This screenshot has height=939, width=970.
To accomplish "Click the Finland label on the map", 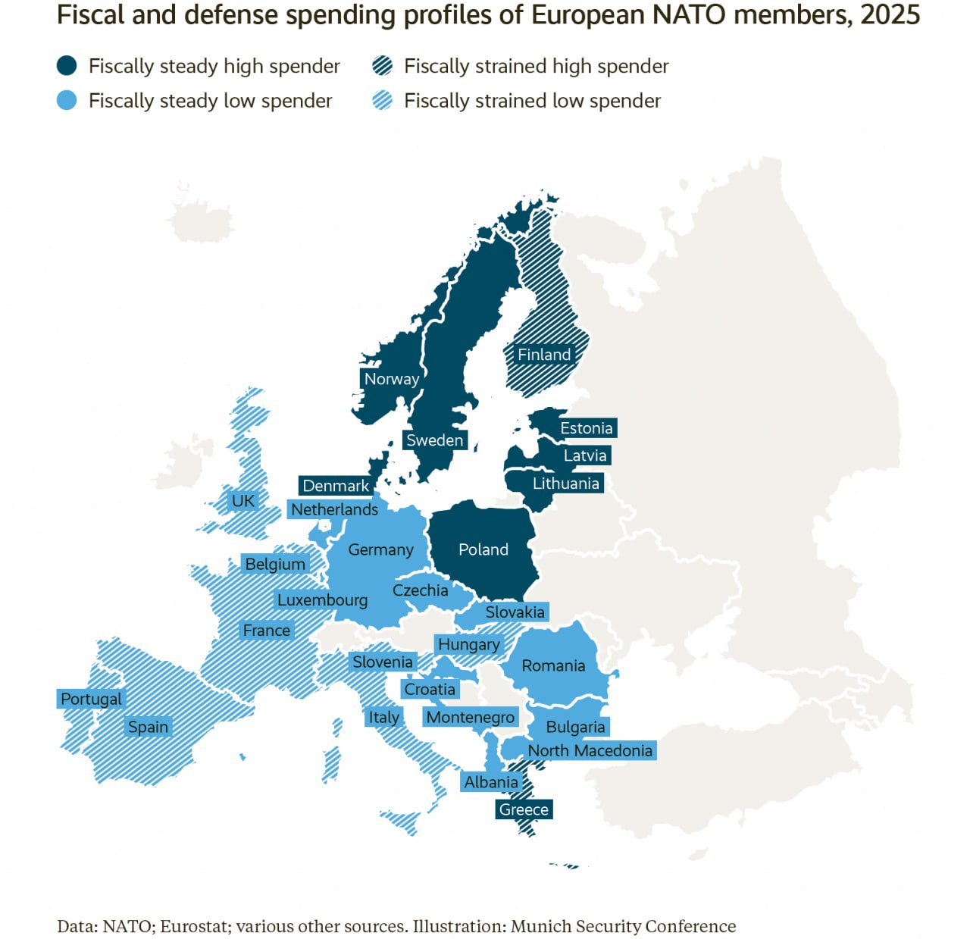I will coord(543,355).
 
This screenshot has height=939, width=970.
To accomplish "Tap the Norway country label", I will coord(391,379).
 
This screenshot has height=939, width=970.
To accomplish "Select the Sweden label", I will coord(434,440).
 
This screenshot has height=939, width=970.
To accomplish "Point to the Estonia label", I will coord(586,428).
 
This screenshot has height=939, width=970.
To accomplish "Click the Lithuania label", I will coord(565,484).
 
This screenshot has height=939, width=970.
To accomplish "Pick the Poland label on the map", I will coord(483,549).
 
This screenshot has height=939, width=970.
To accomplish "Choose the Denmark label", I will coord(336,486).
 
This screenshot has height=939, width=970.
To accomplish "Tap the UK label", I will coord(243,501).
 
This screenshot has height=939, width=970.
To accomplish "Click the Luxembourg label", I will coord(322,600).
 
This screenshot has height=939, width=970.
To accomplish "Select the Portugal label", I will coord(91,699).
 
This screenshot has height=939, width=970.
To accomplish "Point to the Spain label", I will coord(148,727).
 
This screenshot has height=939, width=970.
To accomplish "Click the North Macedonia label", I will coord(590,750).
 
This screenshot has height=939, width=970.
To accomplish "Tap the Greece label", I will coord(523,809).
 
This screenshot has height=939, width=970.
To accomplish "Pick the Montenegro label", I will coord(470,717).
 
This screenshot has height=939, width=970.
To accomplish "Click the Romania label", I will coord(553,665).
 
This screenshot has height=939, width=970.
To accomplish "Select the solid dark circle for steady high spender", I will coord(67,66).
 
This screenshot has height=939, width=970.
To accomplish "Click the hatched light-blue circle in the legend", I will coord(383,101).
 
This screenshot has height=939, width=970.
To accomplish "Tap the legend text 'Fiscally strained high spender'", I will coord(536,66).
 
